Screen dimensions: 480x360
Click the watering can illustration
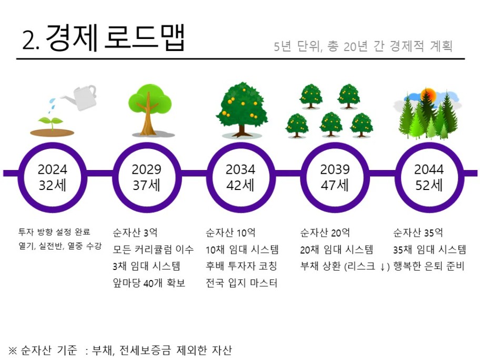coord(79,97)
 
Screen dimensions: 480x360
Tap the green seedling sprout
coord(51,123)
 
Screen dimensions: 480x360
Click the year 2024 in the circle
coord(52,169)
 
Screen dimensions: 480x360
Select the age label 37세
coord(146,185)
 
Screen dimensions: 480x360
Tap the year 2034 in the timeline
coord(241,169)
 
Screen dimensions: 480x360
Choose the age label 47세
coord(335,185)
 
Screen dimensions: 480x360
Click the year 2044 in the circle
coord(429,169)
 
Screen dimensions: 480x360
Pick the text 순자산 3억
coord(135,233)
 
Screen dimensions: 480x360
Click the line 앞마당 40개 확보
coord(149,283)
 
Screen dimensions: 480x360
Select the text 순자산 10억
coord(231,233)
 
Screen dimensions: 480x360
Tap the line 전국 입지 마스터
coord(242,283)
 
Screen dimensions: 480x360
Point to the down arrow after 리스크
coord(382,267)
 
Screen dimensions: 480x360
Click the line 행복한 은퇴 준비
coord(429,266)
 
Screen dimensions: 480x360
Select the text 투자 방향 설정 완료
coord(54,232)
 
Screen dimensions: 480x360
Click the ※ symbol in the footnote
coord(13,350)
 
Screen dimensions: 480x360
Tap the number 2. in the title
coord(31,41)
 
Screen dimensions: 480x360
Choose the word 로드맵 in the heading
coord(145,37)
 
